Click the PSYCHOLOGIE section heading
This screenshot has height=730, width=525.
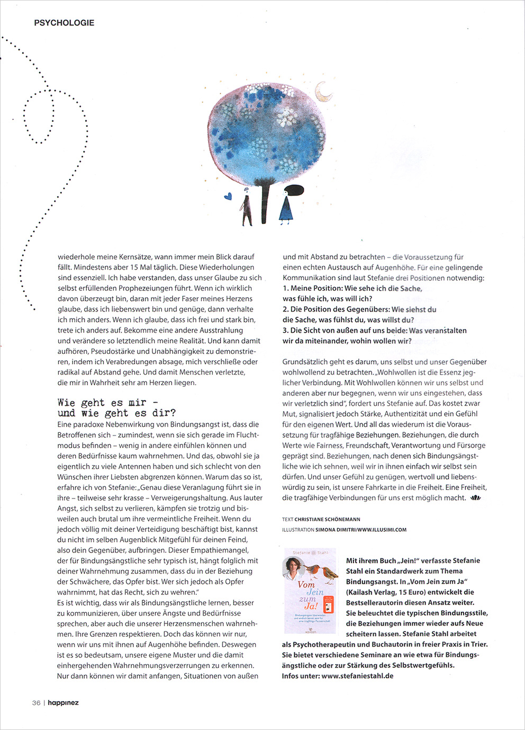[x=64, y=23]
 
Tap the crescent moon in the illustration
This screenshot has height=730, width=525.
[x=323, y=92]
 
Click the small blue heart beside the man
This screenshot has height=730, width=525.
[x=228, y=196]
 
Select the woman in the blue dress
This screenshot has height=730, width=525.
[x=286, y=205]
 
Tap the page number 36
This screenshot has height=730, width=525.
[x=36, y=703]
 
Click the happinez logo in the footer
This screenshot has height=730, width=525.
[x=63, y=703]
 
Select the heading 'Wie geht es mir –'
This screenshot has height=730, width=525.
[x=108, y=403]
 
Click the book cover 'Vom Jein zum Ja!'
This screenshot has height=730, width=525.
[x=310, y=591]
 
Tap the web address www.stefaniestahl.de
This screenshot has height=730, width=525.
[x=357, y=675]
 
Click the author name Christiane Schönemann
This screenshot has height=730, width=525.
[x=327, y=519]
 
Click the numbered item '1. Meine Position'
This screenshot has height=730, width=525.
[x=352, y=288]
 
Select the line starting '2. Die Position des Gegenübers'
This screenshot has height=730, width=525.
[x=359, y=309]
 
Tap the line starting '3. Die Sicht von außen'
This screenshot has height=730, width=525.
[x=374, y=330]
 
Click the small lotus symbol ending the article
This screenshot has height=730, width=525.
[x=475, y=498]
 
